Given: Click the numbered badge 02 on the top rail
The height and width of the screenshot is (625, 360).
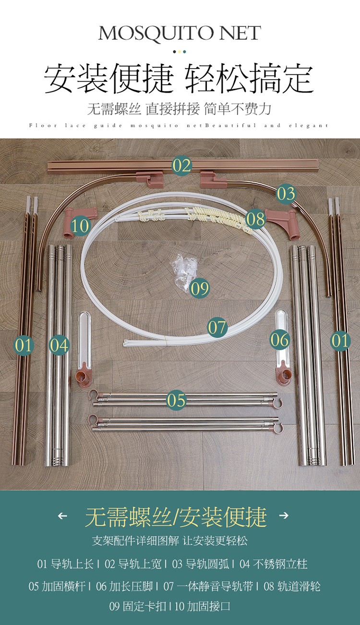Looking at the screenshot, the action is (182, 165).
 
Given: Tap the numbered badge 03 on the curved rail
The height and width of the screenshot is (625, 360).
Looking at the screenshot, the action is (286, 194).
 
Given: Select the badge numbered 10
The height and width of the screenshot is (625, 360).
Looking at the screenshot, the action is (81, 226).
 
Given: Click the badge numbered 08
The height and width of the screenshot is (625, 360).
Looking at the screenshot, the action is (255, 219).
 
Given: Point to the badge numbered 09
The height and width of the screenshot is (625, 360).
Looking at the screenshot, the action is (199, 288).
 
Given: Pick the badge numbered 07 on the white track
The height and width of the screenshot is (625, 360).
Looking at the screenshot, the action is (217, 327).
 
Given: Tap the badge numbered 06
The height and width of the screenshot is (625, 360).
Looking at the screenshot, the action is (279, 340).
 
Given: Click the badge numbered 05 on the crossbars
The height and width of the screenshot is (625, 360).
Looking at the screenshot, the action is (176, 400).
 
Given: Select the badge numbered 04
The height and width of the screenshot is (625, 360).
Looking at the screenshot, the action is (59, 345).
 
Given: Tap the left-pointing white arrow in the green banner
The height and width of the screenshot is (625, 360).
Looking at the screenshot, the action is (62, 516).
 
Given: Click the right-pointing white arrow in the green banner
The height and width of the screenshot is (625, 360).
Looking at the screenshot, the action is (284, 515).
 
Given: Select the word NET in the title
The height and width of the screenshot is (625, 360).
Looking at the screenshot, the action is (240, 33).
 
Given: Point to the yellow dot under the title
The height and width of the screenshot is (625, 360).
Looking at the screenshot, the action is (180, 52).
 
